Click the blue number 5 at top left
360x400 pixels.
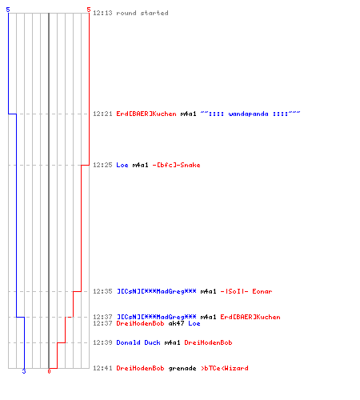click(8, 10)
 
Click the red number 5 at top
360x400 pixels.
click(89, 10)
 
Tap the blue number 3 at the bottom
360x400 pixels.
click(24, 371)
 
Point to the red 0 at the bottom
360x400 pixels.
click(49, 371)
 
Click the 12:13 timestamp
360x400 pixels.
click(102, 13)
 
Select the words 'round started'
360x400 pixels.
click(142, 13)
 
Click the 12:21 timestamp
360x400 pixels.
click(102, 114)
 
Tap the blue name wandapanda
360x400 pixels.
click(248, 114)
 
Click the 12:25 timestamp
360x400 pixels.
click(102, 165)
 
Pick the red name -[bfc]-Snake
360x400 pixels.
click(176, 165)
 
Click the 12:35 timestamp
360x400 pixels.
click(102, 291)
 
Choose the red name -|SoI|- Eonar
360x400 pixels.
click(246, 291)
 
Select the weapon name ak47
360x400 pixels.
click(176, 323)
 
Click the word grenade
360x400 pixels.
click(182, 368)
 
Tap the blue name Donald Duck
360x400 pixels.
click(138, 342)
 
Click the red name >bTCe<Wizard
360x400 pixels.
click(225, 368)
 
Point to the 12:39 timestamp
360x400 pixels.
click(102, 342)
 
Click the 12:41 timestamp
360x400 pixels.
click(102, 368)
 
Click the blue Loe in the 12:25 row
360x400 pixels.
click(122, 165)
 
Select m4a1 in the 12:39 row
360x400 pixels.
click(172, 342)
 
